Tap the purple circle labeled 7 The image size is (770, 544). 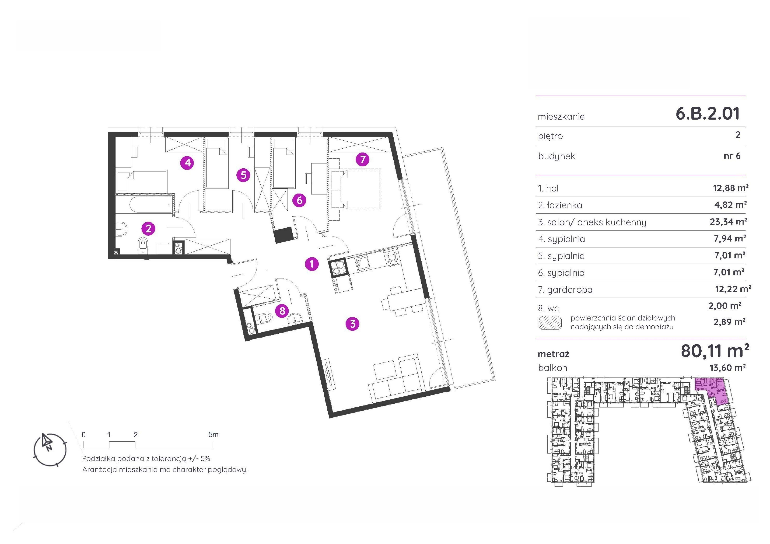point(363,159)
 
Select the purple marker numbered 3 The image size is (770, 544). point(352,324)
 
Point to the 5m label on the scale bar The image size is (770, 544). point(213,435)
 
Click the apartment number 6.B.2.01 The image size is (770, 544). point(708,114)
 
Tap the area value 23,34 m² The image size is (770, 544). point(728,222)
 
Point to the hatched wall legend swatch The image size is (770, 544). point(550,323)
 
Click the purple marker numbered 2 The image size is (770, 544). point(148,229)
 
